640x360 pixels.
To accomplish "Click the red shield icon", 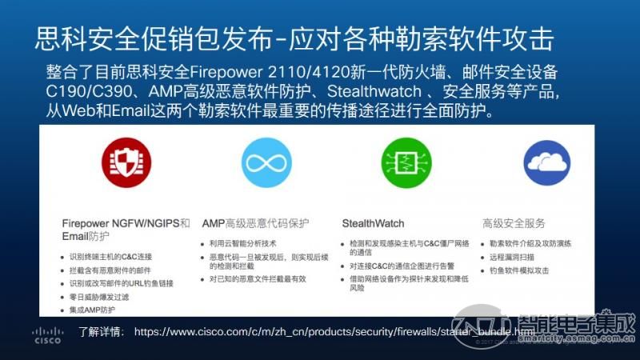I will coord(125,164).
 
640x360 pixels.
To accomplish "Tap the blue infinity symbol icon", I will coord(266,164).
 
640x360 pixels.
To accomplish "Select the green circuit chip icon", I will coord(406,164).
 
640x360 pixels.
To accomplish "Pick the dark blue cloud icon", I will coord(546,164).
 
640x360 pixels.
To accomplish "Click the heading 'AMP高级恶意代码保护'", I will coord(255,223).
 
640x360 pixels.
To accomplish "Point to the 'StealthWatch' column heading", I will coord(373,223).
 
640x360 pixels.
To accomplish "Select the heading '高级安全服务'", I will coord(514,223).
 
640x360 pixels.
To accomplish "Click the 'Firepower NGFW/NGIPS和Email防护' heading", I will coord(126,230).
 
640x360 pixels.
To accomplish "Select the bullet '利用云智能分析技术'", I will coord(242,242).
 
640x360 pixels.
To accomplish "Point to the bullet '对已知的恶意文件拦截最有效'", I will coord(258,279).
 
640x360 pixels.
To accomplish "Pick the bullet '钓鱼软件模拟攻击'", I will coord(519,270).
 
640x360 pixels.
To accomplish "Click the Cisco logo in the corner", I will coord(47,334).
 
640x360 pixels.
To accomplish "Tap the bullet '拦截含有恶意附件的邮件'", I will coord(110,270).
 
